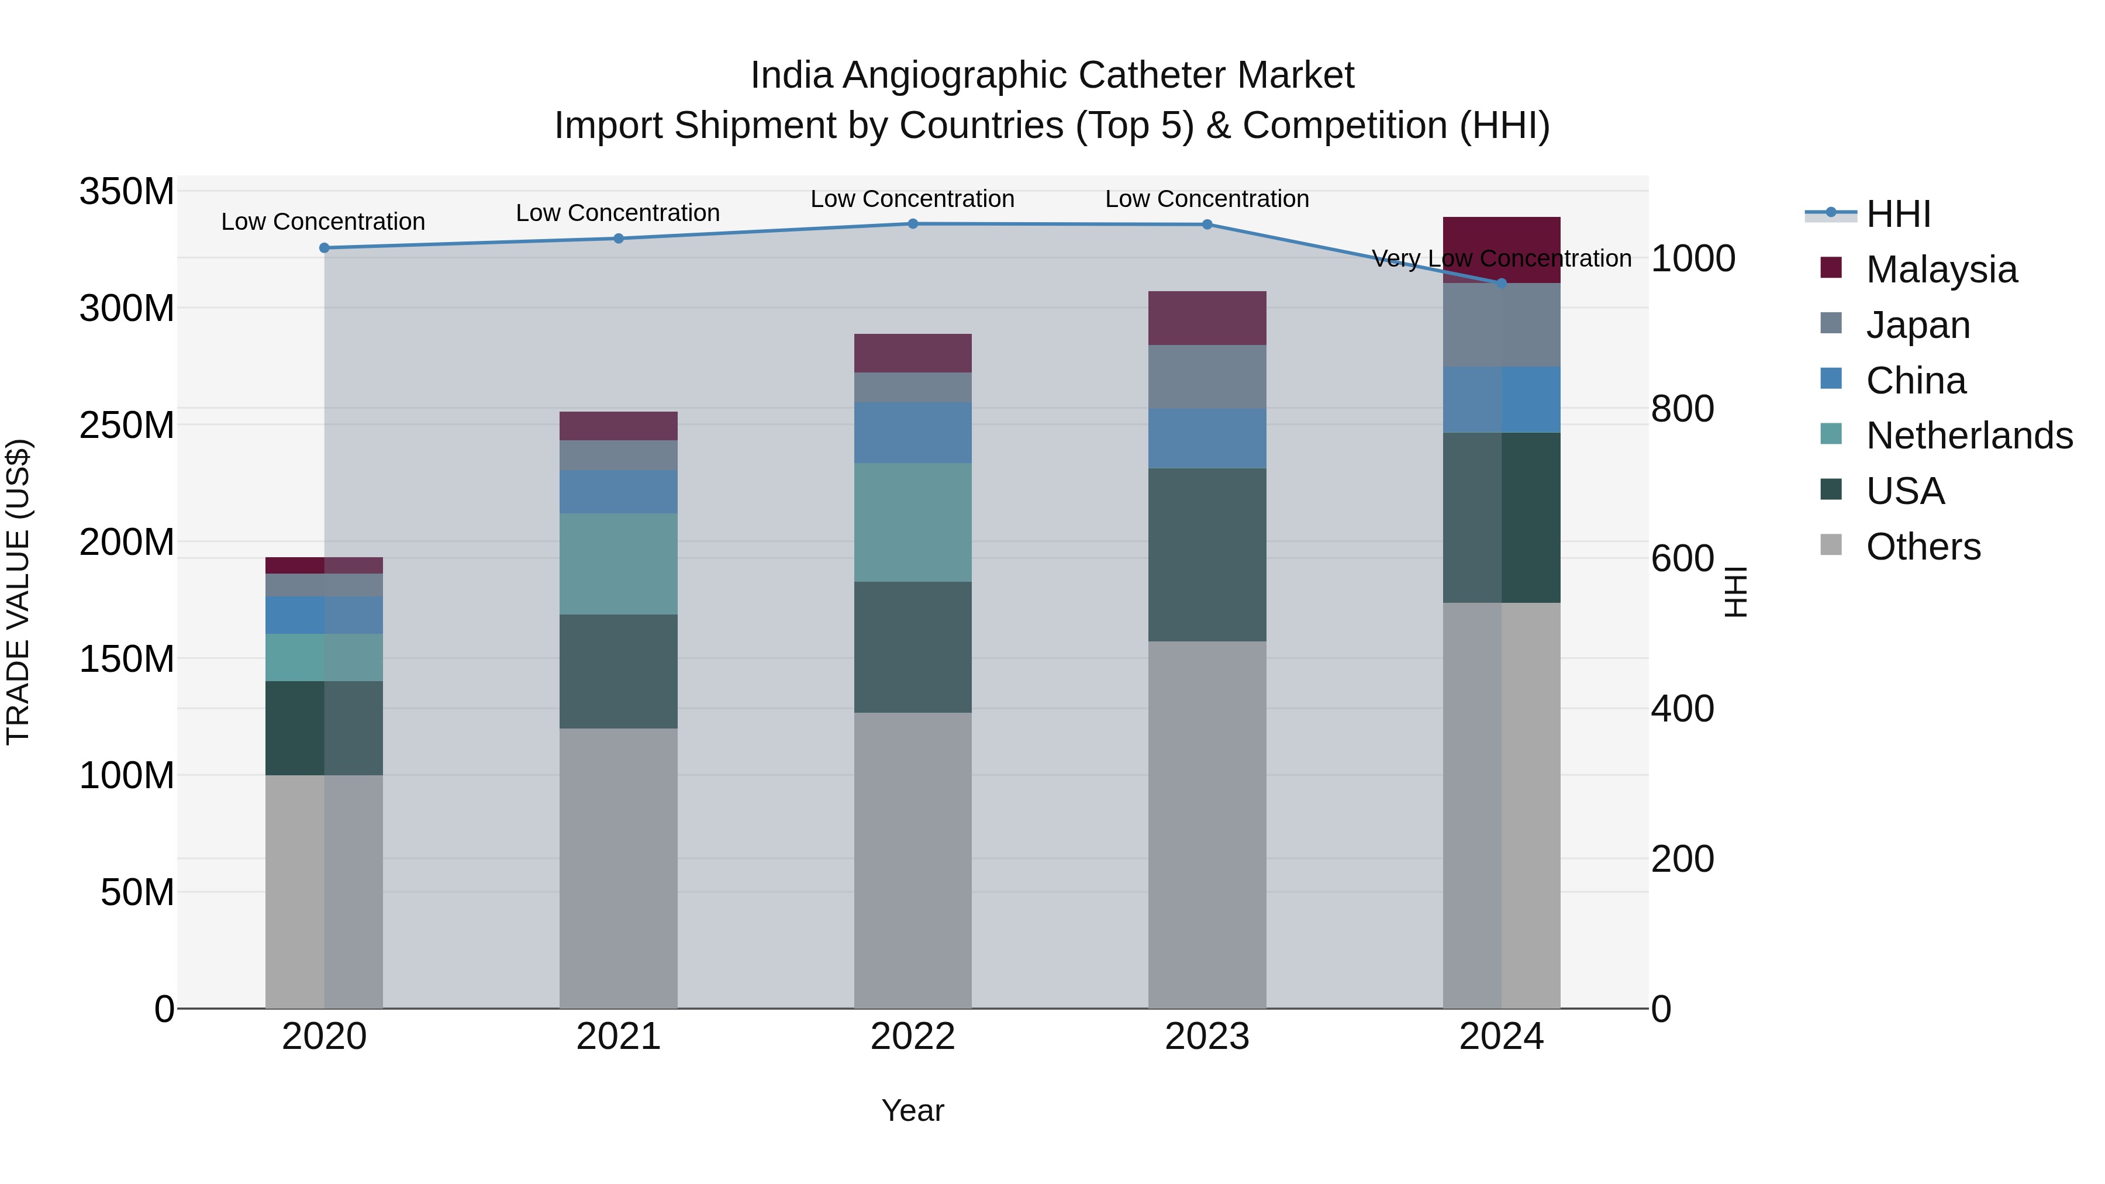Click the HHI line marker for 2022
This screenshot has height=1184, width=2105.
tap(913, 224)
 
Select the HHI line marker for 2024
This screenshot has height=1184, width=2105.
tap(1501, 284)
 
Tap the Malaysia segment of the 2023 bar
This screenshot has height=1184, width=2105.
tap(1207, 318)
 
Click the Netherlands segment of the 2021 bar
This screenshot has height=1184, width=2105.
tap(619, 564)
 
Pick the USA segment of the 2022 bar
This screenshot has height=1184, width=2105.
tap(913, 647)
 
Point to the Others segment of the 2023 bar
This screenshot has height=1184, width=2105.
tap(1207, 825)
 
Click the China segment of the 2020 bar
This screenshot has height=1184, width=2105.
tap(325, 615)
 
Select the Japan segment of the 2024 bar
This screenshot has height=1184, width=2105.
tap(1501, 325)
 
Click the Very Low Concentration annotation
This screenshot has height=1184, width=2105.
tap(1501, 259)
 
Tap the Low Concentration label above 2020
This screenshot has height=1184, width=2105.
tap(323, 222)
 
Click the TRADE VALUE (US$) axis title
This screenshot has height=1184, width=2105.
tap(19, 592)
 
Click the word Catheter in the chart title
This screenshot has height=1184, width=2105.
tap(1151, 75)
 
